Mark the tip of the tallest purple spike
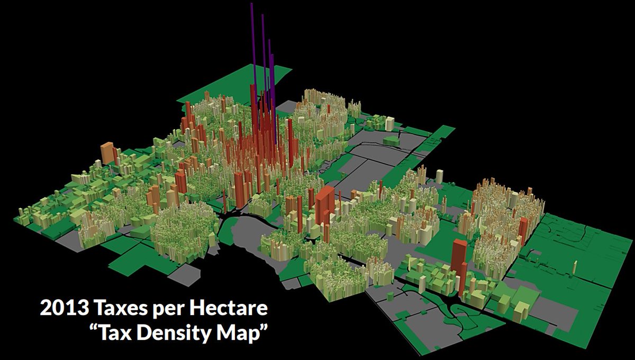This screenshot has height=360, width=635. (252, 4)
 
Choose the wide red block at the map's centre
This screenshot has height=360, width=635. (324, 204)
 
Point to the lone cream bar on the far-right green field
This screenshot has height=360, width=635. (575, 267)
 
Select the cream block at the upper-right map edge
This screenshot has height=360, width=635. (389, 123)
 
